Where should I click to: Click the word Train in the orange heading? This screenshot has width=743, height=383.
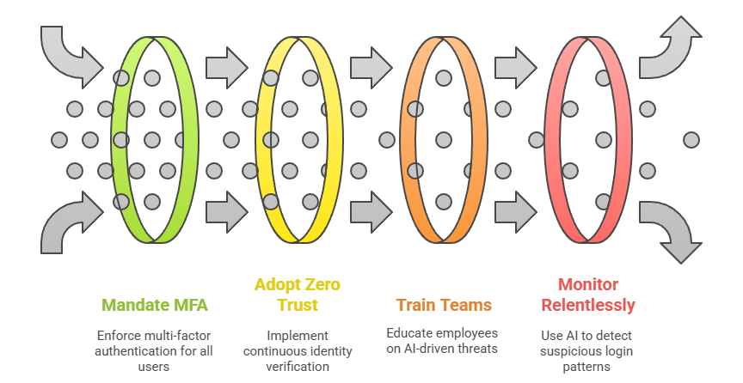coord(415,304)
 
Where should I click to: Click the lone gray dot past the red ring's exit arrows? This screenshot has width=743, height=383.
coord(691,139)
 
